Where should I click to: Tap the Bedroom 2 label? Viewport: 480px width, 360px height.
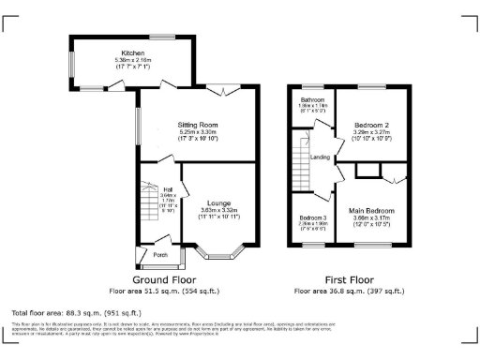pos(371,125)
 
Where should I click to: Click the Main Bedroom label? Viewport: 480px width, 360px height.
pos(372,211)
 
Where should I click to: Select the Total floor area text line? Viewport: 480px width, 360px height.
pos(76,311)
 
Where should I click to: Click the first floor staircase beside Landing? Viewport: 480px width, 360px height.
pos(302,157)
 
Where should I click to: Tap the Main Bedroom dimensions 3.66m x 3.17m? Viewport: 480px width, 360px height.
pos(372,219)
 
